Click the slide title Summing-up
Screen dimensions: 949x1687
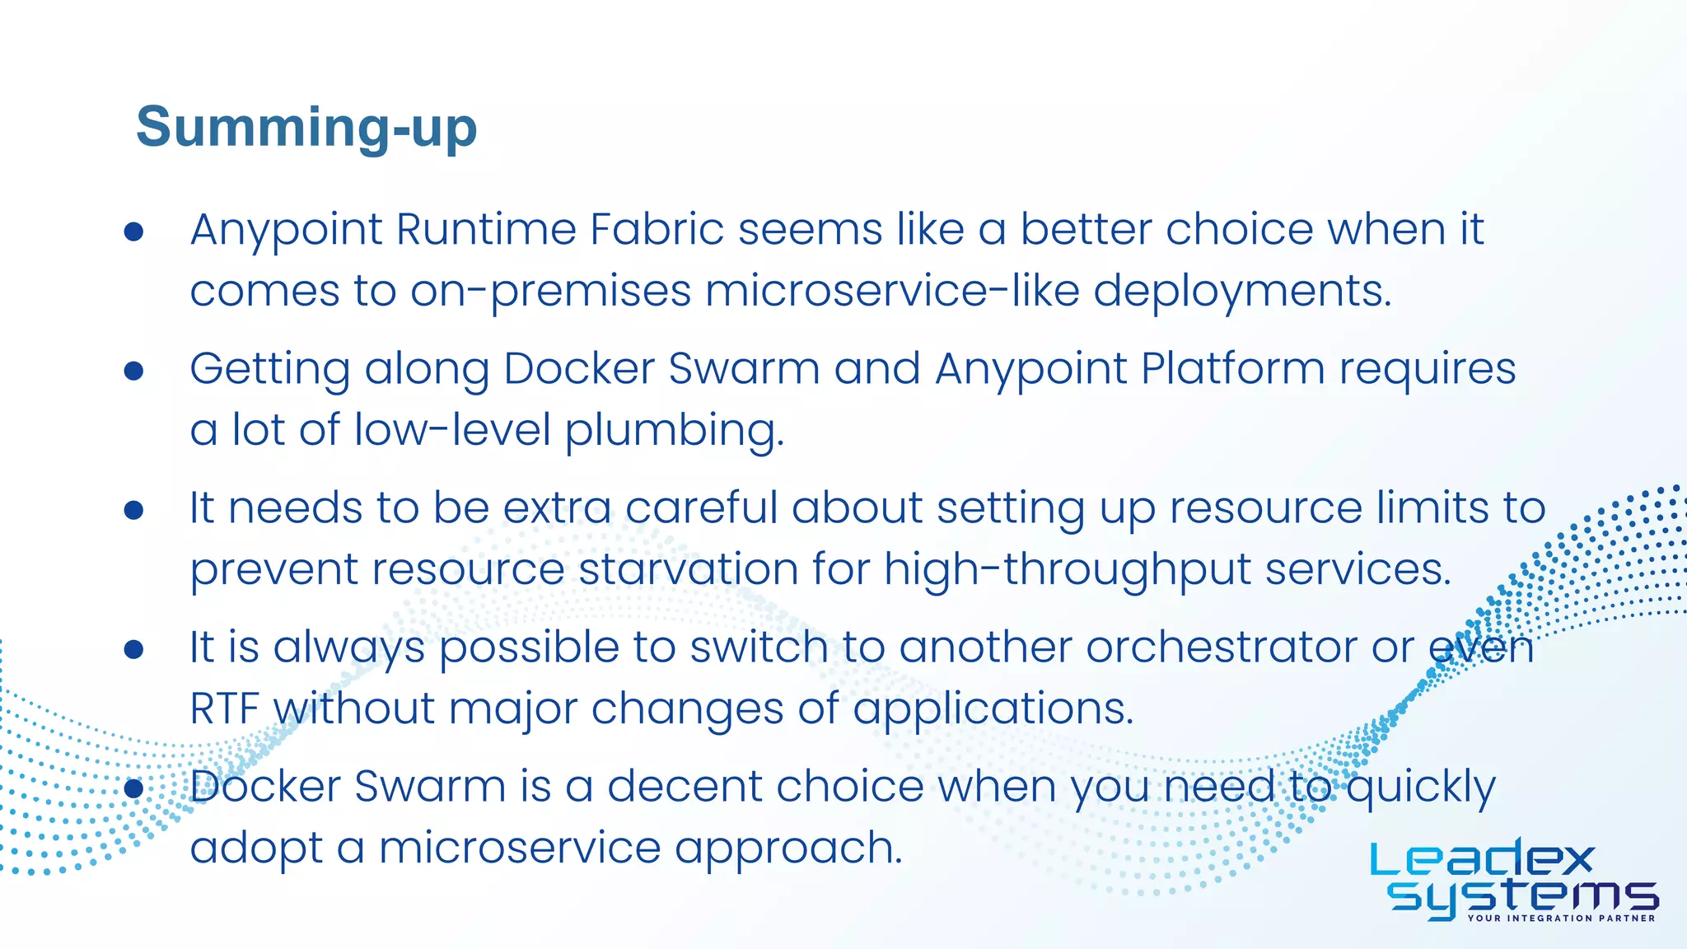[x=306, y=128]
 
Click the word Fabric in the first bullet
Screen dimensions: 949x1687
[x=657, y=229]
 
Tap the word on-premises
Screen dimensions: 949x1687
[x=550, y=291]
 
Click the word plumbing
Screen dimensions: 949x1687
[x=674, y=431]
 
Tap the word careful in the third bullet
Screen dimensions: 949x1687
[x=701, y=507]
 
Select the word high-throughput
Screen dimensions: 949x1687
[x=1068, y=570]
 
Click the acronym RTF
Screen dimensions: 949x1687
[x=225, y=708]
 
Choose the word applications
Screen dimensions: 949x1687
[x=993, y=709]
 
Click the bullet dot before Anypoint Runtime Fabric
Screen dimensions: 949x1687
[x=134, y=231]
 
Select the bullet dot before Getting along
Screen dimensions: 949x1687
[x=134, y=371]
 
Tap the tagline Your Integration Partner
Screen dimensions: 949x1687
[x=1561, y=918]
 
